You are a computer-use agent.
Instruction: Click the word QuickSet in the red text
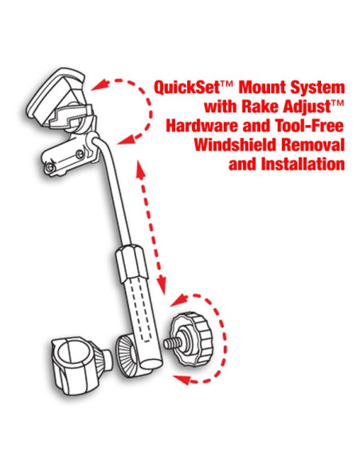point(182,87)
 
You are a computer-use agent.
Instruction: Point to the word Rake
point(256,106)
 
